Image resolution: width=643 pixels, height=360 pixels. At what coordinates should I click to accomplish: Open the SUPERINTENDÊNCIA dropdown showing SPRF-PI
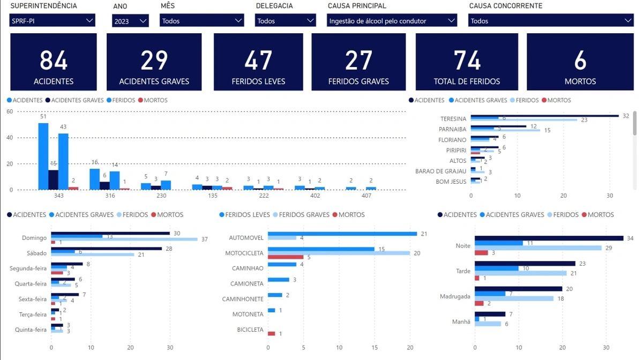point(52,21)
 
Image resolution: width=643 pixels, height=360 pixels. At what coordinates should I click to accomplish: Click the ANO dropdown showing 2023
point(130,21)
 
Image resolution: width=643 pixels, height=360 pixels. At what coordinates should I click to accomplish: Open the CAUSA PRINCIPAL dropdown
point(392,21)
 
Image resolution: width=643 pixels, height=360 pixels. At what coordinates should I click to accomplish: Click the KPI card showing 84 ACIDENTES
point(54,62)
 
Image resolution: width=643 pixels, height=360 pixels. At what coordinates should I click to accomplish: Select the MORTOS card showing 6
point(580,62)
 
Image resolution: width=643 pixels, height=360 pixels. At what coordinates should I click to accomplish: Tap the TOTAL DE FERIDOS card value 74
point(467,62)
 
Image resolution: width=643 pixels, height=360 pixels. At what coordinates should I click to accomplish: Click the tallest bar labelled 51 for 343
point(43,156)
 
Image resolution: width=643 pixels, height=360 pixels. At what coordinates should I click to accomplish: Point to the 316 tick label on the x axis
point(110,196)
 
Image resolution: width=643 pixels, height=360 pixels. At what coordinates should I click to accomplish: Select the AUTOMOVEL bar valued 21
point(342,234)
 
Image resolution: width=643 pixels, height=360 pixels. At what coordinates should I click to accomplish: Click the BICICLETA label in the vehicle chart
point(250,329)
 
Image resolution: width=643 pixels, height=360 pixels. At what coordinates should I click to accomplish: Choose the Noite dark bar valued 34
point(549,238)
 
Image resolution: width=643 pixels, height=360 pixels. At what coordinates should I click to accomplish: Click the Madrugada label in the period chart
point(455,296)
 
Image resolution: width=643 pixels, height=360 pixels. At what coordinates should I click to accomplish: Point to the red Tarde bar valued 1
point(477,278)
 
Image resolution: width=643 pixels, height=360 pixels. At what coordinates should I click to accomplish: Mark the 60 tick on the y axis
point(10,111)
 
